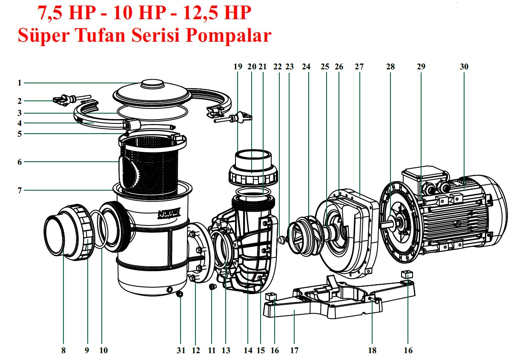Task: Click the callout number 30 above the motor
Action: pos(464,66)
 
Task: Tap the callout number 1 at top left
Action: pos(20,83)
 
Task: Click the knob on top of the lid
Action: pos(152,83)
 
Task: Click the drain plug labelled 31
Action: pos(180,294)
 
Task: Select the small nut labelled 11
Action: pos(212,288)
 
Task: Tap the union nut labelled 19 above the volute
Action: pos(253,172)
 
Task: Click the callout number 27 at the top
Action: pos(359,66)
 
